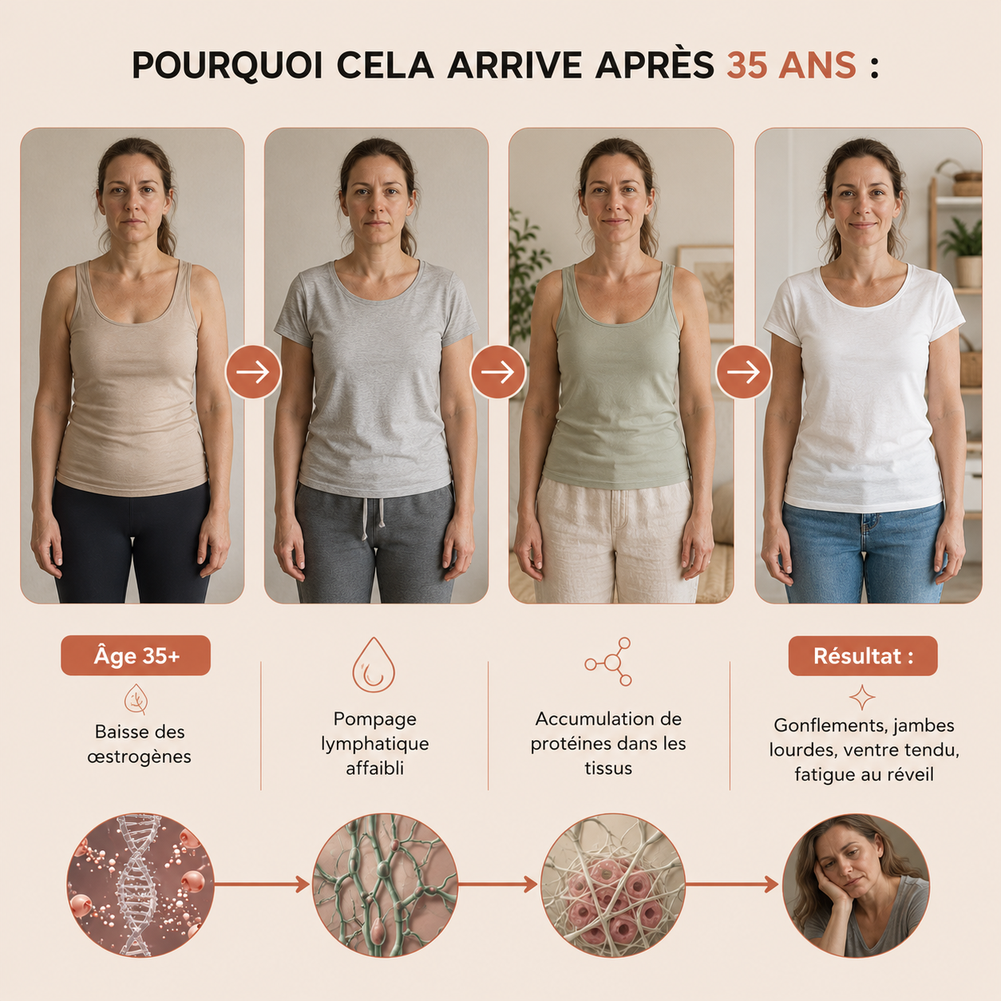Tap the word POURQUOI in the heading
point(227,66)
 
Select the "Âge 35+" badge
point(136,655)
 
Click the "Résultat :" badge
point(863,655)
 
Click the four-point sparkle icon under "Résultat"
point(862,698)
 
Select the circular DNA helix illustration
point(140,884)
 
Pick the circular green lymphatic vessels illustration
point(385,884)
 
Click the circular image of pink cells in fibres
point(614,884)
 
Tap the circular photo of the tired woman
point(856,884)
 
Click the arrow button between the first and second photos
point(253,372)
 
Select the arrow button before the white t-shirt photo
point(743,372)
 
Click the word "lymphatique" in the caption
point(374,744)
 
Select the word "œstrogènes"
point(139,757)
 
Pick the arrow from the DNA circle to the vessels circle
point(263,884)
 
